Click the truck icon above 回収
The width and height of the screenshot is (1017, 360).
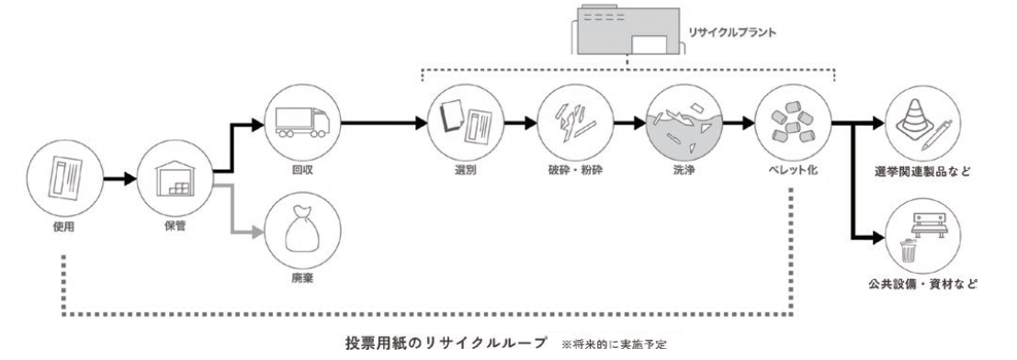tap(301, 121)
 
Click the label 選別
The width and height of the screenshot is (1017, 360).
tap(464, 173)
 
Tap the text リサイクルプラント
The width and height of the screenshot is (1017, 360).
tap(731, 32)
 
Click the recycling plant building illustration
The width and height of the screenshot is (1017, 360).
tap(627, 30)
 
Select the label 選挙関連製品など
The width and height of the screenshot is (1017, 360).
tap(924, 173)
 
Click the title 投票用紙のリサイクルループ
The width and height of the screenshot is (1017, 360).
tap(446, 342)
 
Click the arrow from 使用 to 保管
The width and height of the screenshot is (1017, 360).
tap(121, 178)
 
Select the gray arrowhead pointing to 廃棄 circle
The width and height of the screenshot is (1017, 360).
tap(259, 231)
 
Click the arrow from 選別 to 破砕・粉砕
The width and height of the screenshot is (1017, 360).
tap(522, 121)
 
